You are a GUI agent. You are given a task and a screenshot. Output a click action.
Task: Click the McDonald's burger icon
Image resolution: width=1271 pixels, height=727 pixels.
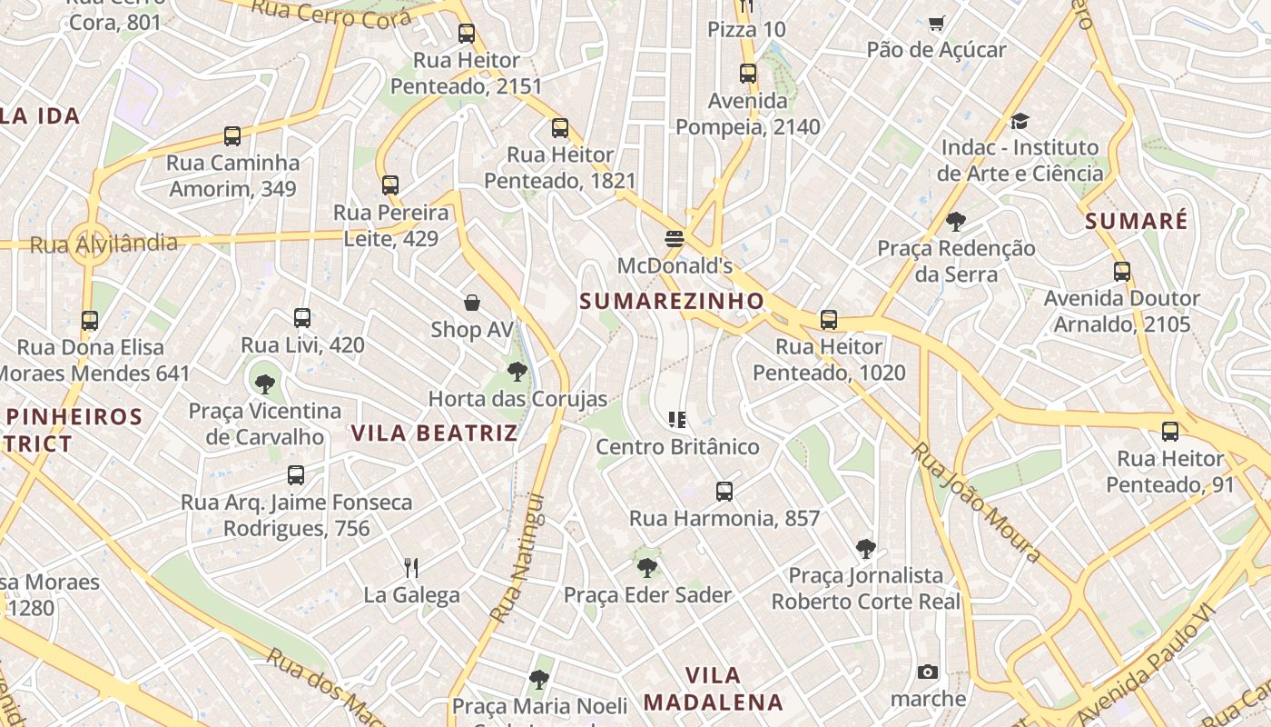pos(674,239)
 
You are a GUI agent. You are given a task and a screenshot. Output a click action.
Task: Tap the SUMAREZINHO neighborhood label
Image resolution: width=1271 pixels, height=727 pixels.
pos(672,301)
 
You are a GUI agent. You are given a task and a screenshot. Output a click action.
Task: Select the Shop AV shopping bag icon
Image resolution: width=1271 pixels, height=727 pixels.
pos(472,303)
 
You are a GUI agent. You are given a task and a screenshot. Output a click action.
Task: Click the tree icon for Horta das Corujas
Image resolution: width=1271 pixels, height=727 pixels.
pos(517,371)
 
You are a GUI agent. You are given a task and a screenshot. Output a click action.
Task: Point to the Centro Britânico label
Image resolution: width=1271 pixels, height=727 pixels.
pos(677,447)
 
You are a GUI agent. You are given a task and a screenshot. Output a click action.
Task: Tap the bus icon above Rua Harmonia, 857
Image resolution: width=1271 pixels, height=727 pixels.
pos(724,492)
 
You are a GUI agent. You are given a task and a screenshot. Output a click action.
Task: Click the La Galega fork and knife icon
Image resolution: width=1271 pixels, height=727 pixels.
pos(411,568)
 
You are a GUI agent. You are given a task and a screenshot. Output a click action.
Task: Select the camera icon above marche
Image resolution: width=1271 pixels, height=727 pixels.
pos(927,672)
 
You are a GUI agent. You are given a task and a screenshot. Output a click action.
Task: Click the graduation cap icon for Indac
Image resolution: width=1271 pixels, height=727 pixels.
pos(1020,121)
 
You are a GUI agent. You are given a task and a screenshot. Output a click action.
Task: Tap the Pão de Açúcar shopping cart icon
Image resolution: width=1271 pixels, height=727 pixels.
pos(936,23)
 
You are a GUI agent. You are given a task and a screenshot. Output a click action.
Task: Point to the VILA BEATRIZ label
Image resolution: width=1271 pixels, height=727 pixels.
pos(434,433)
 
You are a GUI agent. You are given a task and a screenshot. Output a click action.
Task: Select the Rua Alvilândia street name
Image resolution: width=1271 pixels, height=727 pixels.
pos(103,244)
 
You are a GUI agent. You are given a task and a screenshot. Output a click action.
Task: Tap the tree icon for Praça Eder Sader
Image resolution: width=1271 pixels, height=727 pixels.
pos(647,568)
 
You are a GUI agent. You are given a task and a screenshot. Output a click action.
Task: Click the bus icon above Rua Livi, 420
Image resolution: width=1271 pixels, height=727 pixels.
pos(302,318)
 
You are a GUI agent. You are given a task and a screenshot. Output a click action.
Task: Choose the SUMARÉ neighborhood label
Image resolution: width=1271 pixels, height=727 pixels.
pos(1136,221)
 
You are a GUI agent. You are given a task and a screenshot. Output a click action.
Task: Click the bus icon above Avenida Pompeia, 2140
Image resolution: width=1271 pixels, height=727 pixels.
pos(747,74)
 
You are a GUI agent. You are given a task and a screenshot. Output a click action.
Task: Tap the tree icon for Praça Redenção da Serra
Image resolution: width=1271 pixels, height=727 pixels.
pos(955,221)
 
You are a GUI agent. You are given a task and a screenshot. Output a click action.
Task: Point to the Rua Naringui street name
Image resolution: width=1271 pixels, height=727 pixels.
pos(517,558)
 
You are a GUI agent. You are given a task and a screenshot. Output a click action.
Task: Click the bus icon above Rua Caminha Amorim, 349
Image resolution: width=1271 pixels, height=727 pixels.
pos(232,136)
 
